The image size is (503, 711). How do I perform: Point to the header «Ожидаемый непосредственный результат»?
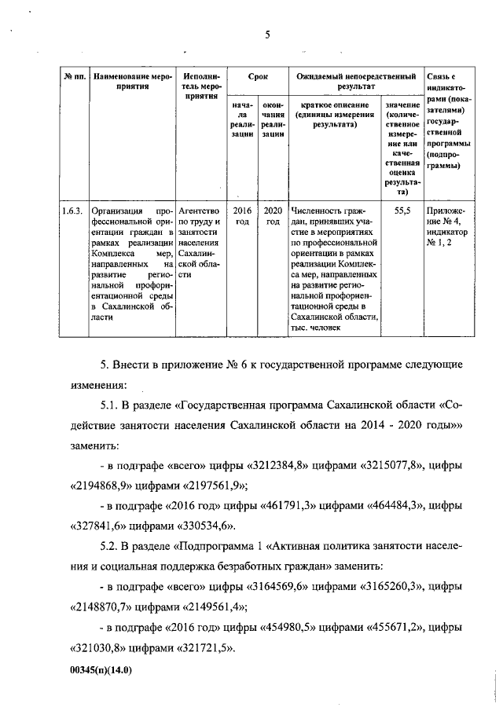[x=354, y=82]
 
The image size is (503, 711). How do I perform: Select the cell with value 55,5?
[x=402, y=211]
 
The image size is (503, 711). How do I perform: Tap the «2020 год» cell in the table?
[x=272, y=216]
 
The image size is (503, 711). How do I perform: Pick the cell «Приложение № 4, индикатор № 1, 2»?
[x=446, y=227]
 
